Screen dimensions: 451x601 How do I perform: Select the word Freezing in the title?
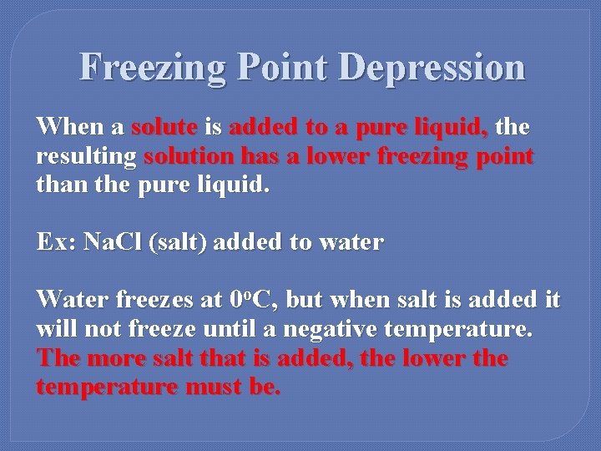(x=151, y=68)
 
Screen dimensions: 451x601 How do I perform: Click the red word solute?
(x=164, y=128)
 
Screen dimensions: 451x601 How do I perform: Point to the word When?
(x=70, y=128)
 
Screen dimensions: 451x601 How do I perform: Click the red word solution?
(x=189, y=156)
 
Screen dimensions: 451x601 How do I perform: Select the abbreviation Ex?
(x=56, y=243)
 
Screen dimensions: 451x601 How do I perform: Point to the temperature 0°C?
(x=248, y=299)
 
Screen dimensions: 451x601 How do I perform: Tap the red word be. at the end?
(x=265, y=388)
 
